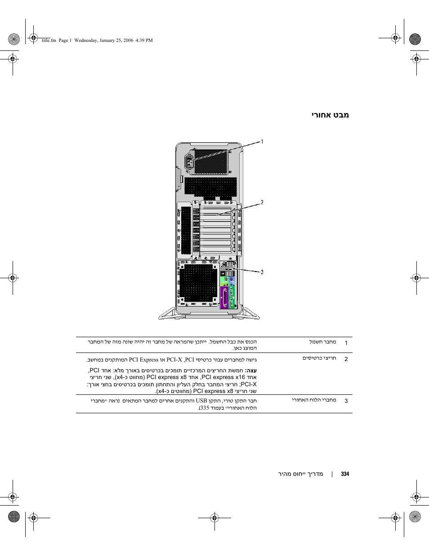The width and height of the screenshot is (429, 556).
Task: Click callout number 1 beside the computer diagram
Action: (x=262, y=142)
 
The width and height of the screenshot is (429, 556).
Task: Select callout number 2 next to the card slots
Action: (x=262, y=202)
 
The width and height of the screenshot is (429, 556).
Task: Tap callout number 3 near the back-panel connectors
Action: (x=262, y=272)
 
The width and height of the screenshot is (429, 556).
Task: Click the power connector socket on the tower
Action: (x=189, y=163)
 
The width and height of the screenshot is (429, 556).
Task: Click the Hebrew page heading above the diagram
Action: (x=330, y=115)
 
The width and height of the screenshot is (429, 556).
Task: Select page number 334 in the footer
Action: (x=345, y=474)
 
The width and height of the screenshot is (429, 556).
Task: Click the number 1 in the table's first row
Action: (x=346, y=343)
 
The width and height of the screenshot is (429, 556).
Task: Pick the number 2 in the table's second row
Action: (x=346, y=359)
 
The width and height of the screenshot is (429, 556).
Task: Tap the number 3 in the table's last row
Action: (x=346, y=401)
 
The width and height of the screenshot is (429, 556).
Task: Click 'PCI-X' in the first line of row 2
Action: (x=174, y=360)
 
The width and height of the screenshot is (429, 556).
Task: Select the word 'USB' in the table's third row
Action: (x=201, y=401)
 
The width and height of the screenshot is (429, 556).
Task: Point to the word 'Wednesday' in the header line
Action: (x=85, y=41)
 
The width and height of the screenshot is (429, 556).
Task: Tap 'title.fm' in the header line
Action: (x=49, y=41)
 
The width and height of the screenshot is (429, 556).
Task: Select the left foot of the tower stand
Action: (x=167, y=314)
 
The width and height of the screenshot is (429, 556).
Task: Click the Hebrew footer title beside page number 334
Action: (x=300, y=474)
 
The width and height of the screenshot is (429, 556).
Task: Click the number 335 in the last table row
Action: (x=205, y=408)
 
